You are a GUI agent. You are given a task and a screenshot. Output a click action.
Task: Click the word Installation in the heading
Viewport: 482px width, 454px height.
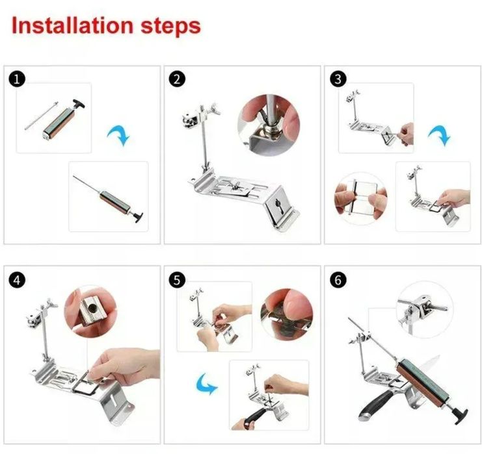(73, 25)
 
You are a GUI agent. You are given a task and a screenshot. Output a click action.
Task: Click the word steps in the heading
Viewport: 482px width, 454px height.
(171, 27)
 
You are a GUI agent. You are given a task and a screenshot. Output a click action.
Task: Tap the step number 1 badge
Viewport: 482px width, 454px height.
(17, 79)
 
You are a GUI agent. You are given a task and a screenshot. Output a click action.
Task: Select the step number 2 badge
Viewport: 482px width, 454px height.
(177, 79)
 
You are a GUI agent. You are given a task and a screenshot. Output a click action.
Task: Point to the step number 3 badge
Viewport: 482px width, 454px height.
(338, 79)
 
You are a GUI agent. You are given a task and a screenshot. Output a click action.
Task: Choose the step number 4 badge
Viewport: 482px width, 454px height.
(17, 280)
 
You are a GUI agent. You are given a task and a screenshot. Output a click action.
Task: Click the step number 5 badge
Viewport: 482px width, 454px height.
(177, 280)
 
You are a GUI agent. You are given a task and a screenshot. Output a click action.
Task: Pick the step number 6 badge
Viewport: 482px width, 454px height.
(338, 280)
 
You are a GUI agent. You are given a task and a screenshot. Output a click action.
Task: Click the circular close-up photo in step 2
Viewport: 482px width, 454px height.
(269, 125)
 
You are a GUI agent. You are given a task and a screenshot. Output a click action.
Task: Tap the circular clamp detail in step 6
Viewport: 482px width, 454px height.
(425, 310)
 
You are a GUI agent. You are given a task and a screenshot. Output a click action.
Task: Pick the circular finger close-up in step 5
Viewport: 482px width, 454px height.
(286, 314)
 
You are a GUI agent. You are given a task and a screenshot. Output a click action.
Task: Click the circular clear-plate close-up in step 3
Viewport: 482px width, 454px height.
(361, 199)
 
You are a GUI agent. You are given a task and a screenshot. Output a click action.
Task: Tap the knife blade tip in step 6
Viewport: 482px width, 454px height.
(440, 355)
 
